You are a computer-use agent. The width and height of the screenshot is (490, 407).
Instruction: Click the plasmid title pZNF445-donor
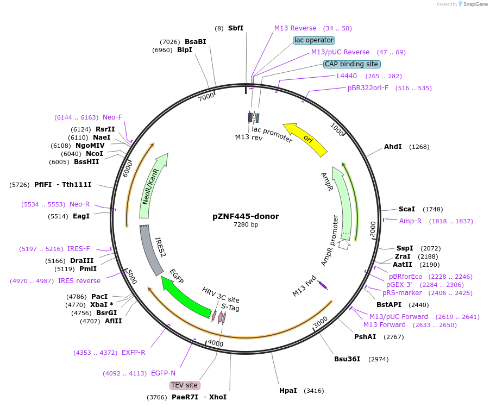click(x=246, y=216)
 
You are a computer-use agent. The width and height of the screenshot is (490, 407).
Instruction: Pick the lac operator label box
click(x=313, y=40)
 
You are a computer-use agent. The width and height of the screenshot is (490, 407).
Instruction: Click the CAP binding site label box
click(x=351, y=64)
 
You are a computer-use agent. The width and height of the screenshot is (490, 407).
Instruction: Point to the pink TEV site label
click(x=185, y=385)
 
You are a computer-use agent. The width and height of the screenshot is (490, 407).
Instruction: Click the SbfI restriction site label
click(x=236, y=28)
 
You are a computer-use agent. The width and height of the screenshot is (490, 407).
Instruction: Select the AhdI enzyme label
click(x=393, y=147)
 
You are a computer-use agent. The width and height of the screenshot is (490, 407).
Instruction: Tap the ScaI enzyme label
click(x=406, y=209)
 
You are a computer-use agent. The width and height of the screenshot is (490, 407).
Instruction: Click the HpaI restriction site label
click(x=288, y=390)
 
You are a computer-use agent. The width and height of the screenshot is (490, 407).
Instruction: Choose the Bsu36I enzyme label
click(x=347, y=359)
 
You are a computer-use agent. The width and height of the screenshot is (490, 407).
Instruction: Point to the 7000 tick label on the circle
click(x=206, y=97)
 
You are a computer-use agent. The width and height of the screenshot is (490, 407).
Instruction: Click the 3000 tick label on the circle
click(x=321, y=322)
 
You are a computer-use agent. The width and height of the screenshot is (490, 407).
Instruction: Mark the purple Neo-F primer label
click(x=112, y=117)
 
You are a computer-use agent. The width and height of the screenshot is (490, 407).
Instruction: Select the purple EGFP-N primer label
click(x=163, y=373)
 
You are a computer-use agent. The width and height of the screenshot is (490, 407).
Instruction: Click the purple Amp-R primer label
click(x=410, y=221)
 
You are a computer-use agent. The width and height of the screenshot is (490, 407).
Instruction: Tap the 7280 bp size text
click(x=246, y=224)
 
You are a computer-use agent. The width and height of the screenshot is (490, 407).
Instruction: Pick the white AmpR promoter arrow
click(x=343, y=245)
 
